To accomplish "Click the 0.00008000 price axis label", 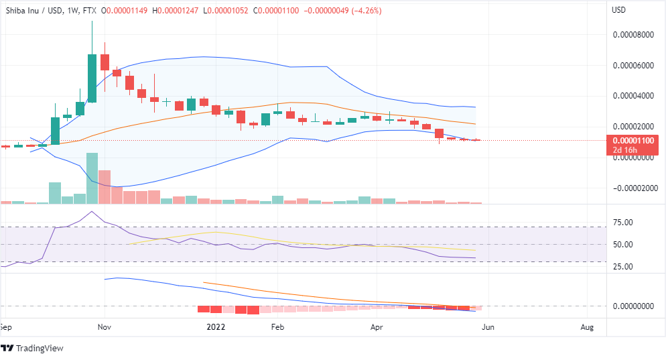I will pos(633,34).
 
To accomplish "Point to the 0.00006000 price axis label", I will pos(633,65).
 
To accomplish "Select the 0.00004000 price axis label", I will pos(633,96).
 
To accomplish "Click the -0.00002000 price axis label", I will pos(632,188).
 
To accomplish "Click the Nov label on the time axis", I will pos(104,327).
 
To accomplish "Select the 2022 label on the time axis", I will pos(216,327).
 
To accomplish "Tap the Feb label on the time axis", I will pos(277,327).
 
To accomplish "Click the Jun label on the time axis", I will pos(488,327).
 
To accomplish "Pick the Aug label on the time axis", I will pos(587,327).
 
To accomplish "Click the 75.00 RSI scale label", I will pos(624,222).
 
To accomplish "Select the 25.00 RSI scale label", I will pos(624,267).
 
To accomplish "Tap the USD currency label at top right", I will pos(620,10).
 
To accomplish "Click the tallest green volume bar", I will pos(92,178).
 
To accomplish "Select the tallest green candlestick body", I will pos(92,78).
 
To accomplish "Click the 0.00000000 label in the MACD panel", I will pos(633,306).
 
